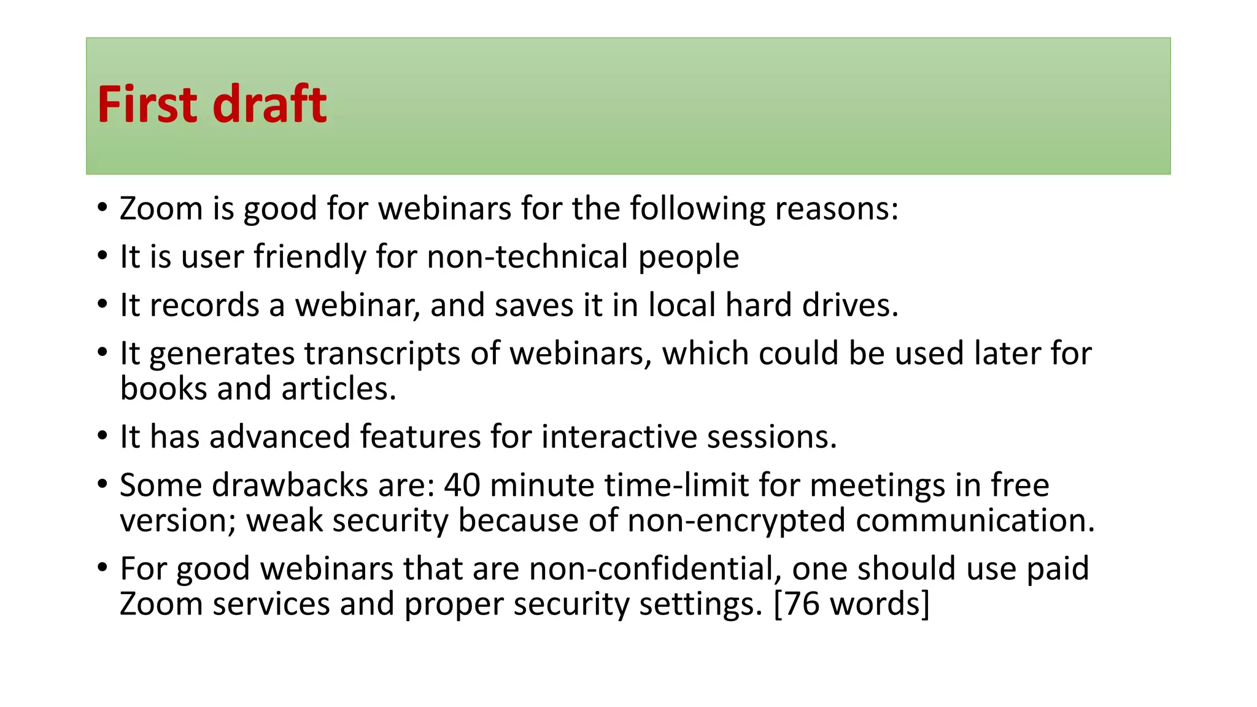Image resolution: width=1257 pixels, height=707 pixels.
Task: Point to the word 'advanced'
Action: click(x=279, y=437)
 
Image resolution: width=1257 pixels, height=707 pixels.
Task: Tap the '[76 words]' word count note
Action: click(x=852, y=604)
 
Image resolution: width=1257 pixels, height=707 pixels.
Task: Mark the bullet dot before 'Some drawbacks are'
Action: click(x=102, y=484)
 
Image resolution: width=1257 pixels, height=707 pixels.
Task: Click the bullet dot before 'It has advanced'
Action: click(x=102, y=436)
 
